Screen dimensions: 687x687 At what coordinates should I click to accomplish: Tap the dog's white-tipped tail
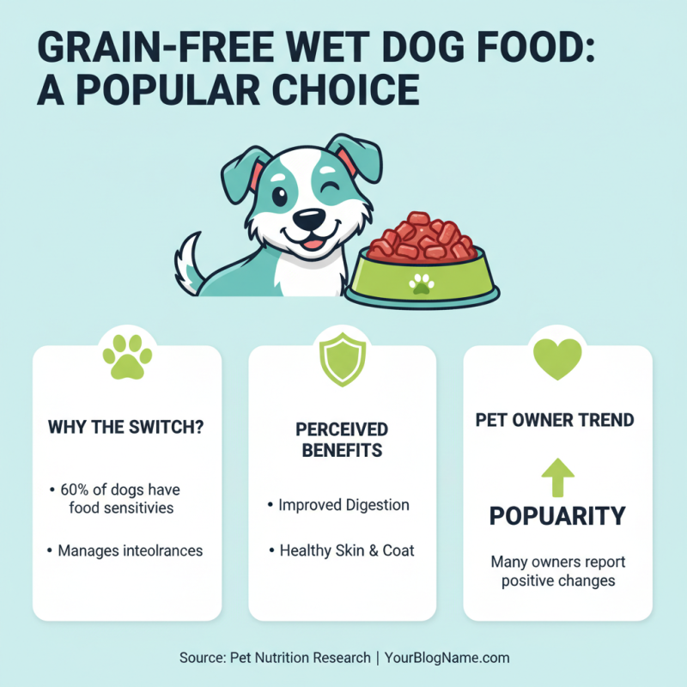click(186, 262)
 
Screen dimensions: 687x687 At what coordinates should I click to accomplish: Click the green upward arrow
click(557, 477)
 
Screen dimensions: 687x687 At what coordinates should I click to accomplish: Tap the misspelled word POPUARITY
click(557, 516)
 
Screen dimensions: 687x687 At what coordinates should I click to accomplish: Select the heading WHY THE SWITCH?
click(126, 427)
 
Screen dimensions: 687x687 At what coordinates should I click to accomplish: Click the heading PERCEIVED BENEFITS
click(343, 439)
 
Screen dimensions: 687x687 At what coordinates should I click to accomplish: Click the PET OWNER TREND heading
click(555, 421)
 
